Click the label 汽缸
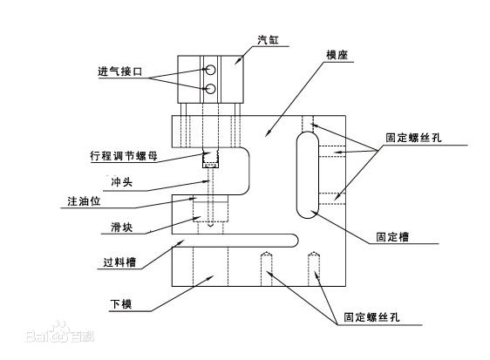[268, 40]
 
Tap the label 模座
[337, 55]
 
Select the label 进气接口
[120, 71]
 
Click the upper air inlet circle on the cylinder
[211, 70]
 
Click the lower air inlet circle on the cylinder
[211, 88]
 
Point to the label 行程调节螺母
[124, 155]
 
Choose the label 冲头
[121, 181]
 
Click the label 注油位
[84, 201]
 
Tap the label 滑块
[121, 228]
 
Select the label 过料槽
[119, 262]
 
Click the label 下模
[121, 303]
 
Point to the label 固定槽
[392, 237]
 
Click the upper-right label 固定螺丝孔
[413, 138]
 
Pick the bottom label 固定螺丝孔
[371, 317]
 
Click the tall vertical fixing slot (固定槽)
[308, 175]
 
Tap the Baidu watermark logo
[59, 333]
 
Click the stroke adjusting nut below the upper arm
[210, 159]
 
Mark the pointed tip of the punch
[210, 226]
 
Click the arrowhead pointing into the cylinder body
[239, 61]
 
